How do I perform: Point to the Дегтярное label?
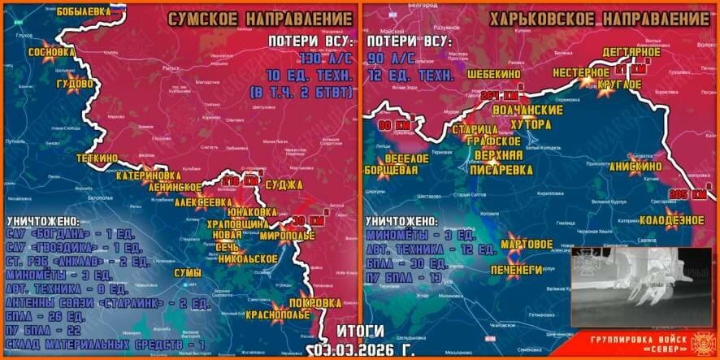(631, 52)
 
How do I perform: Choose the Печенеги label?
(515, 268)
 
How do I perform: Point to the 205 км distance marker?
(686, 193)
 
